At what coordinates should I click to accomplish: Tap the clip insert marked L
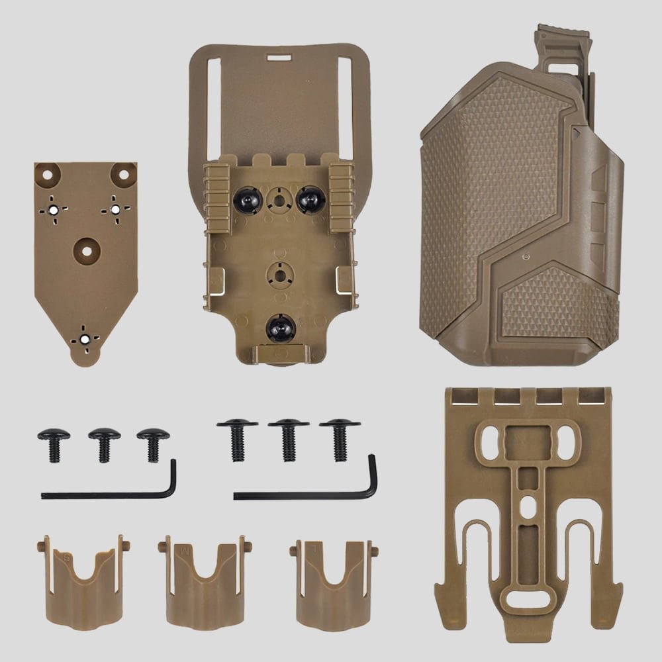(334, 583)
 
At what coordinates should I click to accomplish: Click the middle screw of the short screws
(104, 444)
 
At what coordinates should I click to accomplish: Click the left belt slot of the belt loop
(213, 106)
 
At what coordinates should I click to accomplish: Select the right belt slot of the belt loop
(345, 106)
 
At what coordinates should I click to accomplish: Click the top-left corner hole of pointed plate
(50, 175)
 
